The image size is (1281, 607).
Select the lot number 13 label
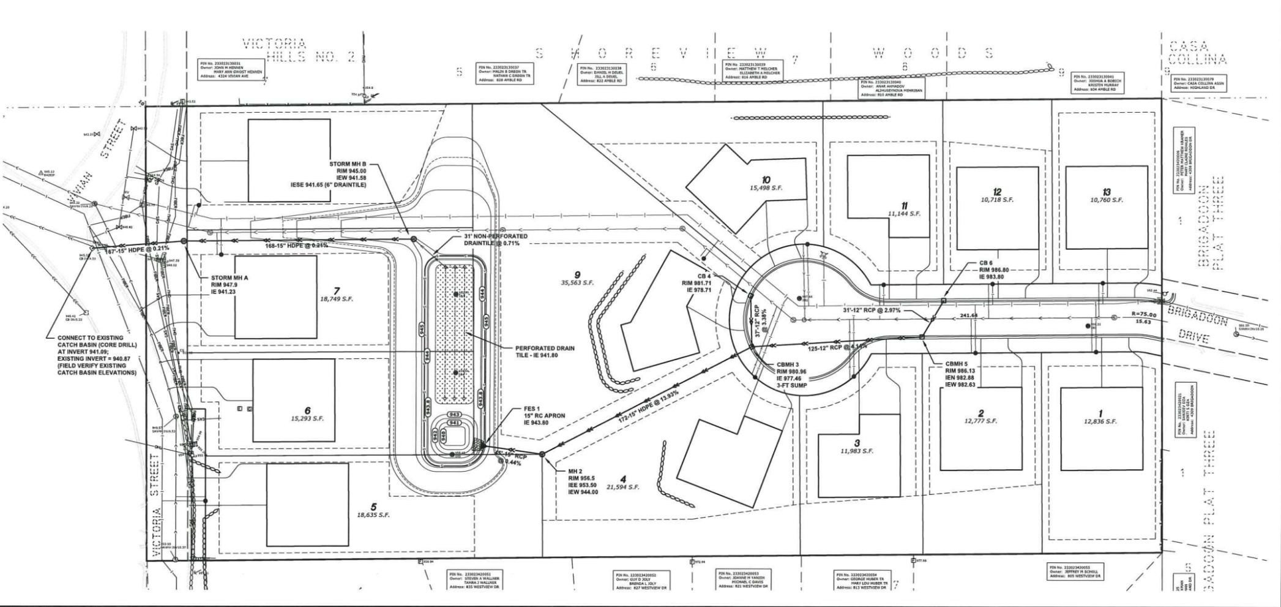point(1106,192)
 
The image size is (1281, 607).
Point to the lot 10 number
point(766,179)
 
